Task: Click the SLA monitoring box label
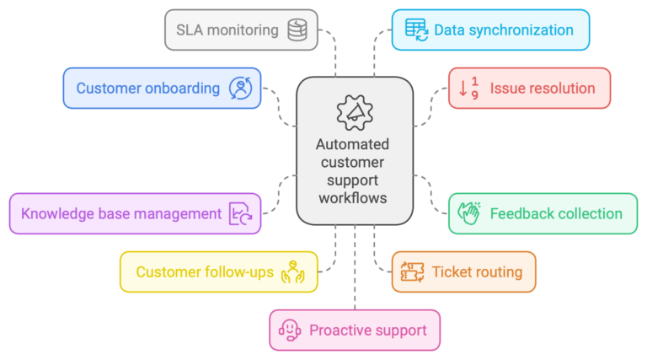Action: point(227,30)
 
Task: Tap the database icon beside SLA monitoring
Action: point(297,30)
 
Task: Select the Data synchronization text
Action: point(504,30)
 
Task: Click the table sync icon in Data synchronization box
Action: point(415,30)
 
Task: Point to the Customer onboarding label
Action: point(147,88)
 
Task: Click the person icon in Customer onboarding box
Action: point(240,88)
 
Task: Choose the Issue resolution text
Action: point(543,88)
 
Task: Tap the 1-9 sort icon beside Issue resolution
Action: point(468,88)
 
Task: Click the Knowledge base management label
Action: point(121,213)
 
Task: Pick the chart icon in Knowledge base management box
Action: point(241,214)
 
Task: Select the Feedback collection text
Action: point(556,213)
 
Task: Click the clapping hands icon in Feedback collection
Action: point(468,214)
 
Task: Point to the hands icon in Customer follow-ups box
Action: point(291,271)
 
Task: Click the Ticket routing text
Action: point(477,271)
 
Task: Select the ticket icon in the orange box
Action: point(412,271)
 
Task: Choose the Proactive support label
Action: point(367,330)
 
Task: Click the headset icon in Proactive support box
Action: point(290,330)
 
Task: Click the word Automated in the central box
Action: point(354,144)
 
